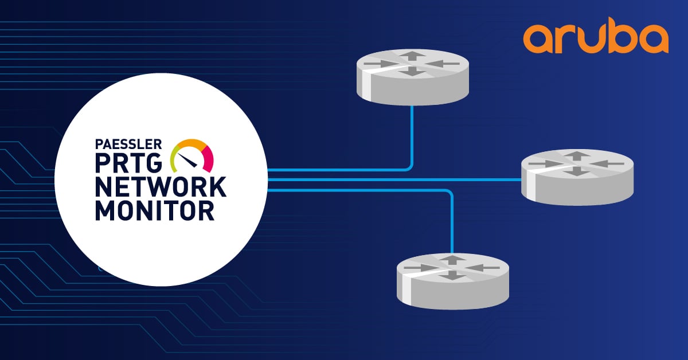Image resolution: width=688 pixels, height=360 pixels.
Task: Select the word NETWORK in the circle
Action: point(161,187)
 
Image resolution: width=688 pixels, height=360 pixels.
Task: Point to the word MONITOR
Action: point(155,210)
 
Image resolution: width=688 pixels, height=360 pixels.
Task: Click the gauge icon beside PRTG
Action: point(191,154)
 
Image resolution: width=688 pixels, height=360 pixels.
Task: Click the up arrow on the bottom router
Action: point(453,260)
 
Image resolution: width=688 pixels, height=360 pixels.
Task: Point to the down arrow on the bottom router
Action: point(453,275)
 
